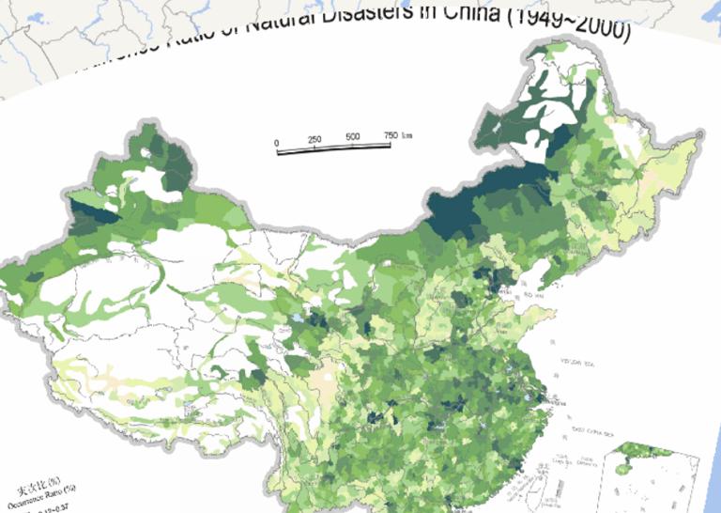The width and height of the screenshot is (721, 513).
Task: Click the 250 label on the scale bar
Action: pyautogui.click(x=314, y=140)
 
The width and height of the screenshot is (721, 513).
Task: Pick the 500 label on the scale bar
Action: pyautogui.click(x=353, y=137)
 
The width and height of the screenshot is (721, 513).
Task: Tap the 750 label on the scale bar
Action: pyautogui.click(x=391, y=135)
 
